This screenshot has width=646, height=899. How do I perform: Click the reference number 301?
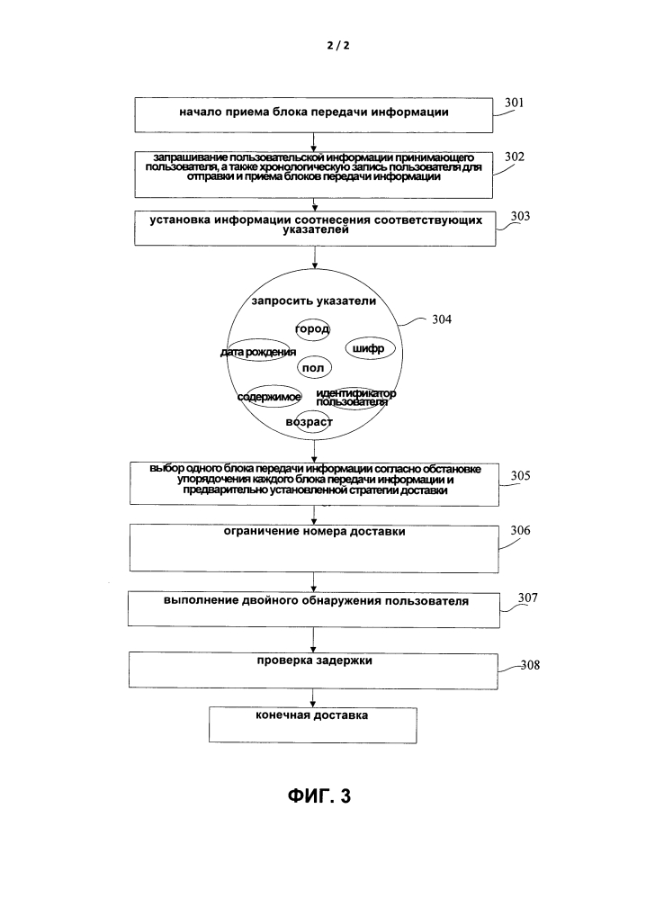pos(514,103)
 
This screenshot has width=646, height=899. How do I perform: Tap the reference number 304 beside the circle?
pos(442,319)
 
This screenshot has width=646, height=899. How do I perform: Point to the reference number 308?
pos(530,665)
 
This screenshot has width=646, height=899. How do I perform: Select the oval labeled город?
pos(313,329)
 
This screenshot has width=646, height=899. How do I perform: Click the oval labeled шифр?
pos(371,348)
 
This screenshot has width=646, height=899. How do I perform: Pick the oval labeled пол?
pos(315,367)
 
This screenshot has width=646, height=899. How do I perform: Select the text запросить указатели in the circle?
pos(313,301)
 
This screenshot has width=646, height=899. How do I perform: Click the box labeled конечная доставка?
pos(312,724)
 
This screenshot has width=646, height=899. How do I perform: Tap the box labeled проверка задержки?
pos(313,670)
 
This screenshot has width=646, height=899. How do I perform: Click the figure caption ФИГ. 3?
pos(319,796)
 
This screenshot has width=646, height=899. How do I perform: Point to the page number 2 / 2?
pos(338,45)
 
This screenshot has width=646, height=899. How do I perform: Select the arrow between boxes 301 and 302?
pos(313,142)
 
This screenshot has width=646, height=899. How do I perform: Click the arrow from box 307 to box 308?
pos(313,640)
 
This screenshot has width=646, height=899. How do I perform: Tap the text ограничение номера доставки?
pos(314,532)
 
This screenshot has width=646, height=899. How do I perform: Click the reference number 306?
pos(520,530)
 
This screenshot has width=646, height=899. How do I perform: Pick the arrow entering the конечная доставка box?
pos(312,697)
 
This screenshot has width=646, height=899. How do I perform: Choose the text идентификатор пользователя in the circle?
pos(356,398)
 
